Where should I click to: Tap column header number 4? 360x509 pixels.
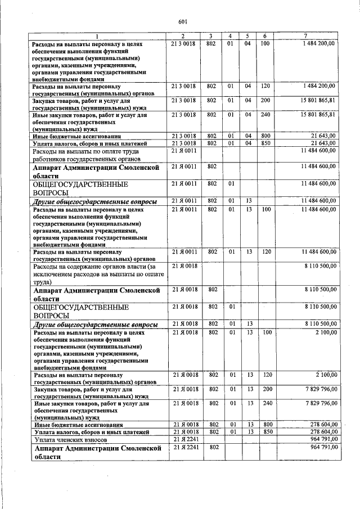(x=231, y=35)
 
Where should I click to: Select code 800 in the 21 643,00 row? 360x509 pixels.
(x=265, y=136)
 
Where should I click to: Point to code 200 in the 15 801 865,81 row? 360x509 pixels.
(x=265, y=100)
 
